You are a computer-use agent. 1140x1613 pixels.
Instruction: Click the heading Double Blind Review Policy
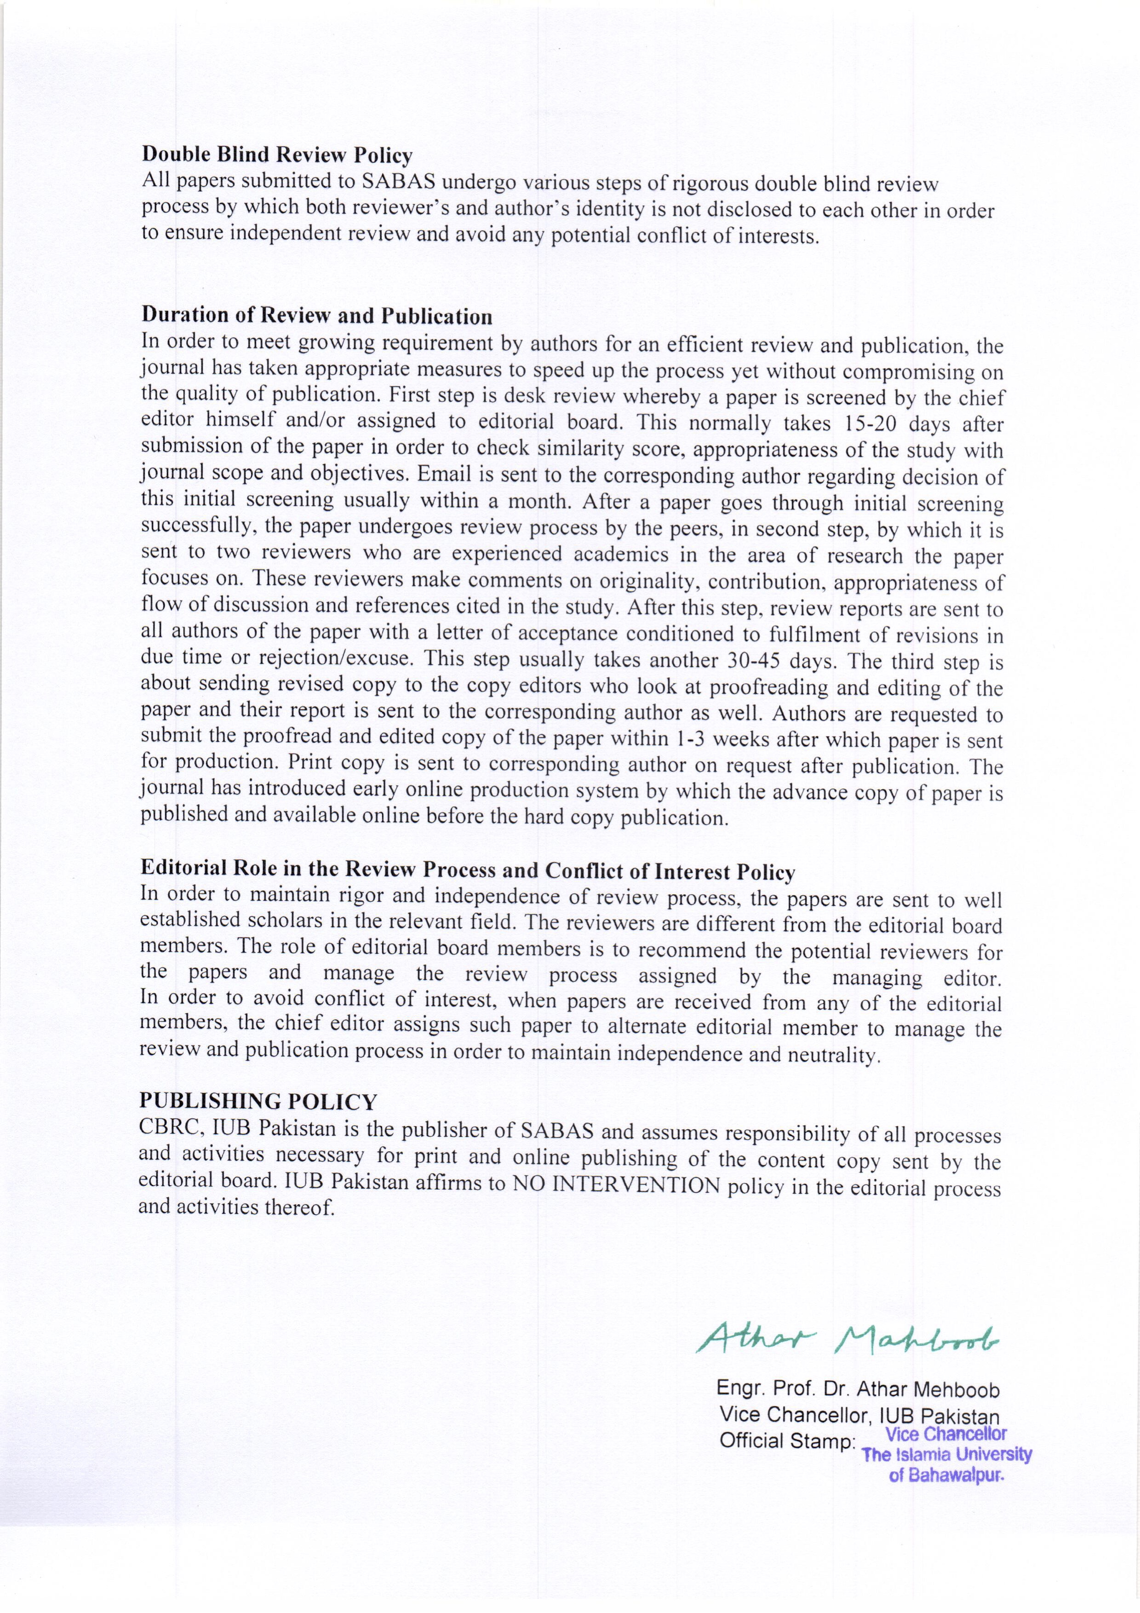(277, 154)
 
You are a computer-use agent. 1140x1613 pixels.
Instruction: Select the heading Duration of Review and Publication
(317, 315)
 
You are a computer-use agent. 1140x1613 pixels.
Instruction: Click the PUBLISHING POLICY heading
(258, 1101)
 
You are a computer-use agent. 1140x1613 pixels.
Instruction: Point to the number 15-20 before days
(860, 423)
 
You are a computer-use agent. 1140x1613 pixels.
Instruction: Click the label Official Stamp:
(787, 1441)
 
